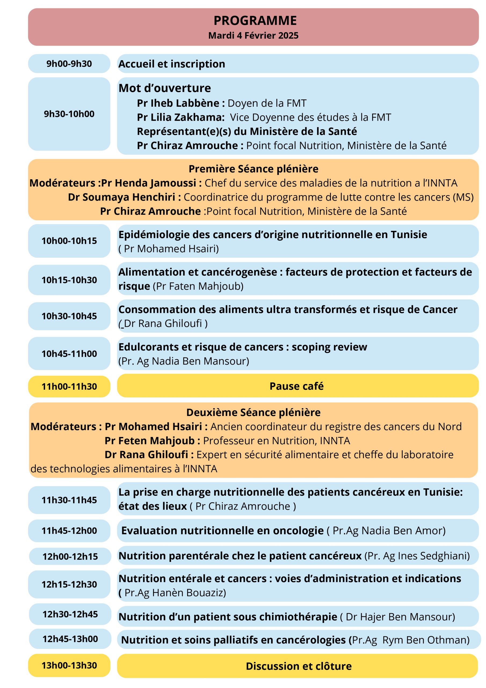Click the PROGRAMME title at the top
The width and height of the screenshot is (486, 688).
coord(255,21)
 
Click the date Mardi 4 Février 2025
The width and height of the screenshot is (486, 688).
coord(253,36)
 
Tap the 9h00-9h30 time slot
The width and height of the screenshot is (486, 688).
coord(69,64)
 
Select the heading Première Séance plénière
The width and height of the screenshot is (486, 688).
coord(253,169)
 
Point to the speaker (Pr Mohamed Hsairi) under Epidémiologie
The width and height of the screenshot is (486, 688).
coord(169,249)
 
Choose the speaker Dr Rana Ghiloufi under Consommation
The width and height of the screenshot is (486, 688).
coord(163,324)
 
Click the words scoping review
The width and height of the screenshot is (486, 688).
coord(329,347)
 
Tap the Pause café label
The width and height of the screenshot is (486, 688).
coord(296,386)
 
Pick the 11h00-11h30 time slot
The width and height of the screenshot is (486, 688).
coord(69,386)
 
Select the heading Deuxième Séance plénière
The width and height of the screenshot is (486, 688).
coord(253,413)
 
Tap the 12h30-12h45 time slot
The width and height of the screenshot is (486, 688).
coord(70,614)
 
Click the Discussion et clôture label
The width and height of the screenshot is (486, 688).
coord(299,666)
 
